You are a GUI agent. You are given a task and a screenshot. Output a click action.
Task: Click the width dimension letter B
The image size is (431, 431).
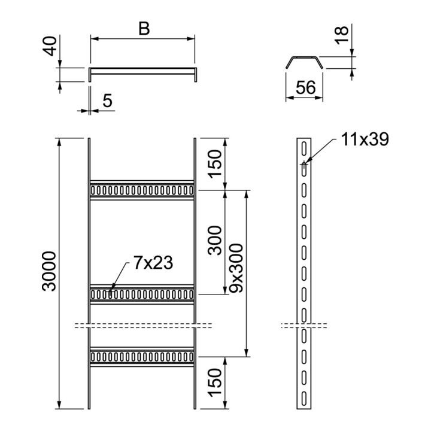click(x=144, y=29)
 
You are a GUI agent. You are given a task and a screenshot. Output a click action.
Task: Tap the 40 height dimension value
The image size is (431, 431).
click(x=50, y=46)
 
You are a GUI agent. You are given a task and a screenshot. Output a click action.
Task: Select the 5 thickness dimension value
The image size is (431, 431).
click(x=108, y=101)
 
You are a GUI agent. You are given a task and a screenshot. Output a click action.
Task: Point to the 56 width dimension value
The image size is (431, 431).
click(x=305, y=87)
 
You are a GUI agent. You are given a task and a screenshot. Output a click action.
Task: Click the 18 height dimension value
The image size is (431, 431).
click(x=342, y=35)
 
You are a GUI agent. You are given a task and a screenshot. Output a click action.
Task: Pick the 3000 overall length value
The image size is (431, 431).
click(x=50, y=271)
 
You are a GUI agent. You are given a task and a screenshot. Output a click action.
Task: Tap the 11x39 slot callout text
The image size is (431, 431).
click(x=365, y=139)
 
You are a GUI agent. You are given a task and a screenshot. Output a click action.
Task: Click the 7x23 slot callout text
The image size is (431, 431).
click(x=153, y=263)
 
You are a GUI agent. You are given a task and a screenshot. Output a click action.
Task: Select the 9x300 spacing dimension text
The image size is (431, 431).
click(x=236, y=268)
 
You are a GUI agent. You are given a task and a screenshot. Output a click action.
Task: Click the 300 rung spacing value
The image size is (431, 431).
click(x=215, y=241)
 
